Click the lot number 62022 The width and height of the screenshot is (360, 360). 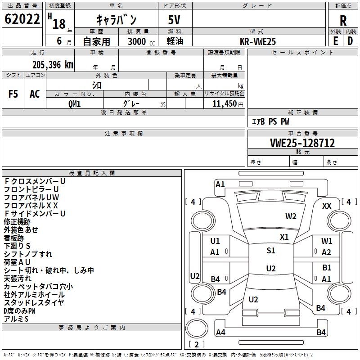pos(22,19)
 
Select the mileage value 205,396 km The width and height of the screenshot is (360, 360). pos(53,65)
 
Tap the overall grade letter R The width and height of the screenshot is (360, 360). pos(343,21)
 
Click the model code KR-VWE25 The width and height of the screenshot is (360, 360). pos(257,41)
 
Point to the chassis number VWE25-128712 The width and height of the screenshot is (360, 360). pos(302,143)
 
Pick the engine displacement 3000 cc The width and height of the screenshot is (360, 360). pos(141,41)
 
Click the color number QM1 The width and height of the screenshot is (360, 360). pos(74,104)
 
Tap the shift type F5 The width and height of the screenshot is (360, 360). pos(13,94)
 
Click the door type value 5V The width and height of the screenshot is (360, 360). pos(174,20)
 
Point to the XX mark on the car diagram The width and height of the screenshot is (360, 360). pos(327,206)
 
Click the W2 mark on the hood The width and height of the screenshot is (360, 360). pos(291,216)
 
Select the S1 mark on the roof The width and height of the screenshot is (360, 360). pos(271,251)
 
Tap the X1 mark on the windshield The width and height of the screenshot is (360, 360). pos(284,237)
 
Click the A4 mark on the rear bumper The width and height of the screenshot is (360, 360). pos(220,332)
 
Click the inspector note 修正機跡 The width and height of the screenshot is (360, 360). pos(17,222)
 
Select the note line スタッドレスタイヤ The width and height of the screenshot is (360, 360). pos(34,302)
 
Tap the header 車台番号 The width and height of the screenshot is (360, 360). pos(303,133)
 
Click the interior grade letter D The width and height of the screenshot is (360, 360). pos(350,41)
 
